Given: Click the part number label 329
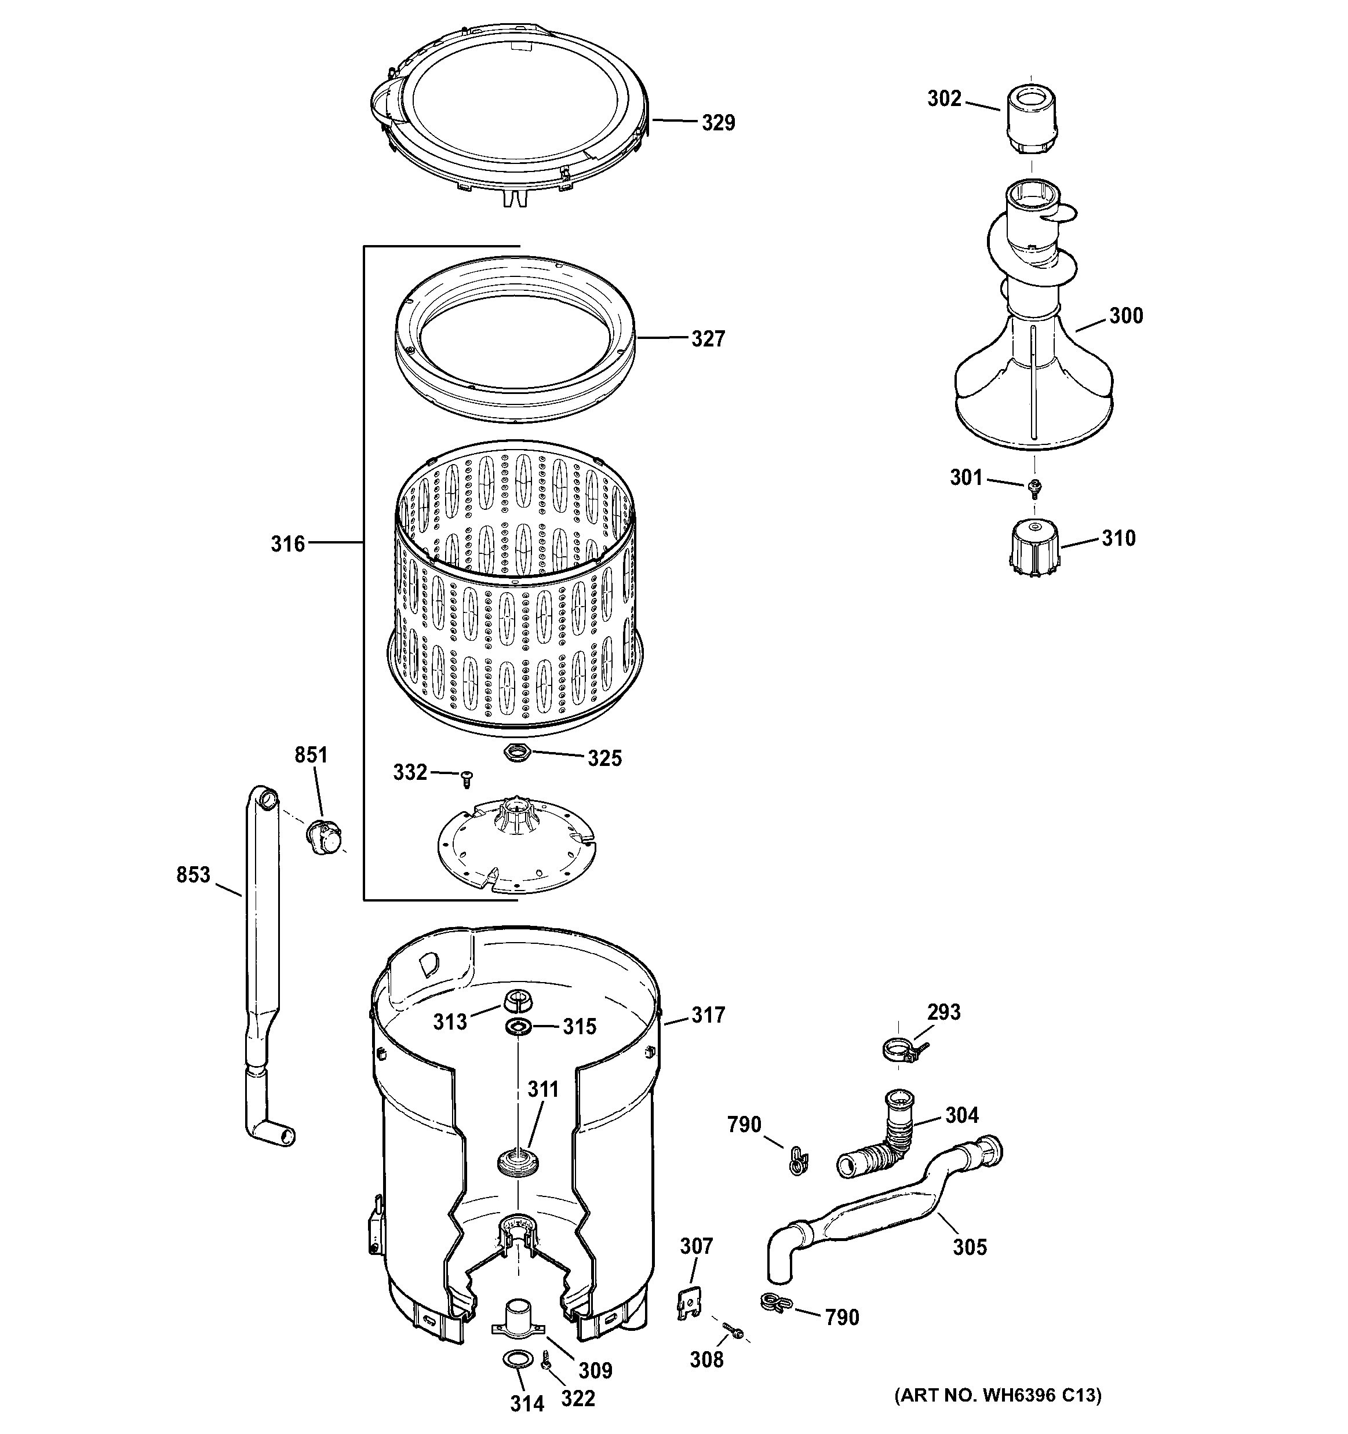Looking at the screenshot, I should click(x=718, y=123).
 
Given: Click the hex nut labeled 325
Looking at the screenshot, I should click(x=517, y=753).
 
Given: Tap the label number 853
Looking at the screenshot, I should click(x=192, y=875).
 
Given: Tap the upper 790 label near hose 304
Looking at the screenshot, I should click(x=744, y=1125).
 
